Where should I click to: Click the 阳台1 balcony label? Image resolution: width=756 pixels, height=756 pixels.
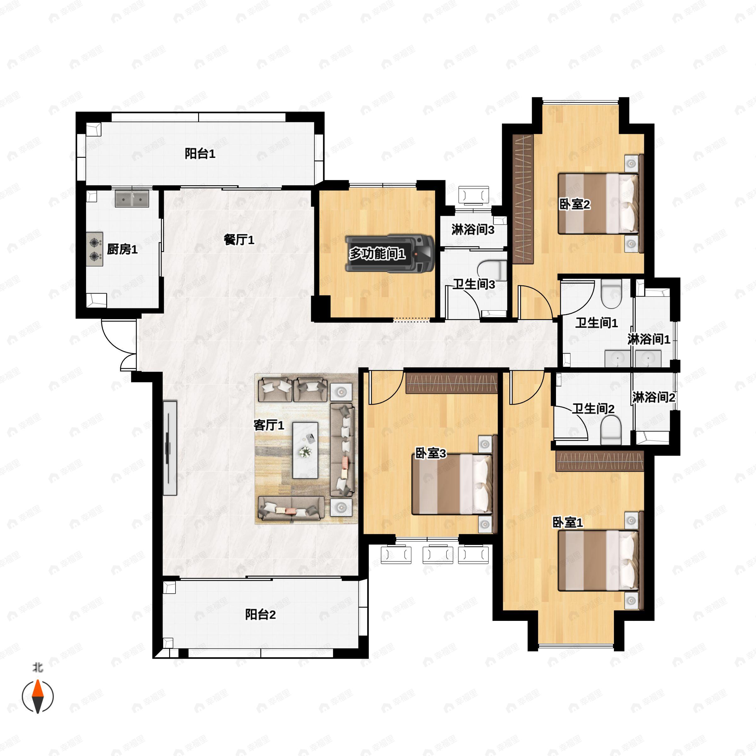(x=200, y=154)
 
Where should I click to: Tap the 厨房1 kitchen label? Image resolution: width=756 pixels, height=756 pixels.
(x=122, y=249)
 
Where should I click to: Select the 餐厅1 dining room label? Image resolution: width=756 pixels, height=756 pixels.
(x=239, y=239)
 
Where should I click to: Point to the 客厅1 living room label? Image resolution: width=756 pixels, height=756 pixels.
(x=269, y=425)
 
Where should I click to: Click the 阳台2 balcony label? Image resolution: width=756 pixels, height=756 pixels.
(x=261, y=614)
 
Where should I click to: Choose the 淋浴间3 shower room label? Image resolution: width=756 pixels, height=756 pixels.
(x=473, y=230)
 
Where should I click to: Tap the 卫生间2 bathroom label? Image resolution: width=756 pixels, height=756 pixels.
(x=593, y=409)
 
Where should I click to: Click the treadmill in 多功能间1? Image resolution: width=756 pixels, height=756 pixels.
(x=390, y=254)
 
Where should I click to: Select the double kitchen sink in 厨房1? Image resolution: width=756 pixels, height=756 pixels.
(x=132, y=199)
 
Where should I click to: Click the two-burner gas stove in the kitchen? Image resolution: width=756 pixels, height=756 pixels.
(x=94, y=249)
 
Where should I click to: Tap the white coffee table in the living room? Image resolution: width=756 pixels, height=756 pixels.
(x=306, y=450)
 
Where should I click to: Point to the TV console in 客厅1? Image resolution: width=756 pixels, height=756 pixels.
(x=170, y=448)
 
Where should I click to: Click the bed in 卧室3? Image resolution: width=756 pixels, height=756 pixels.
(x=452, y=484)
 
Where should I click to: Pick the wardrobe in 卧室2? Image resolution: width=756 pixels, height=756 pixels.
(x=523, y=199)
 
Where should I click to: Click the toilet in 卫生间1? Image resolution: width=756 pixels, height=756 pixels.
(x=612, y=294)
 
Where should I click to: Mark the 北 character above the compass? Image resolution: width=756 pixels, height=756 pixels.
(x=38, y=667)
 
